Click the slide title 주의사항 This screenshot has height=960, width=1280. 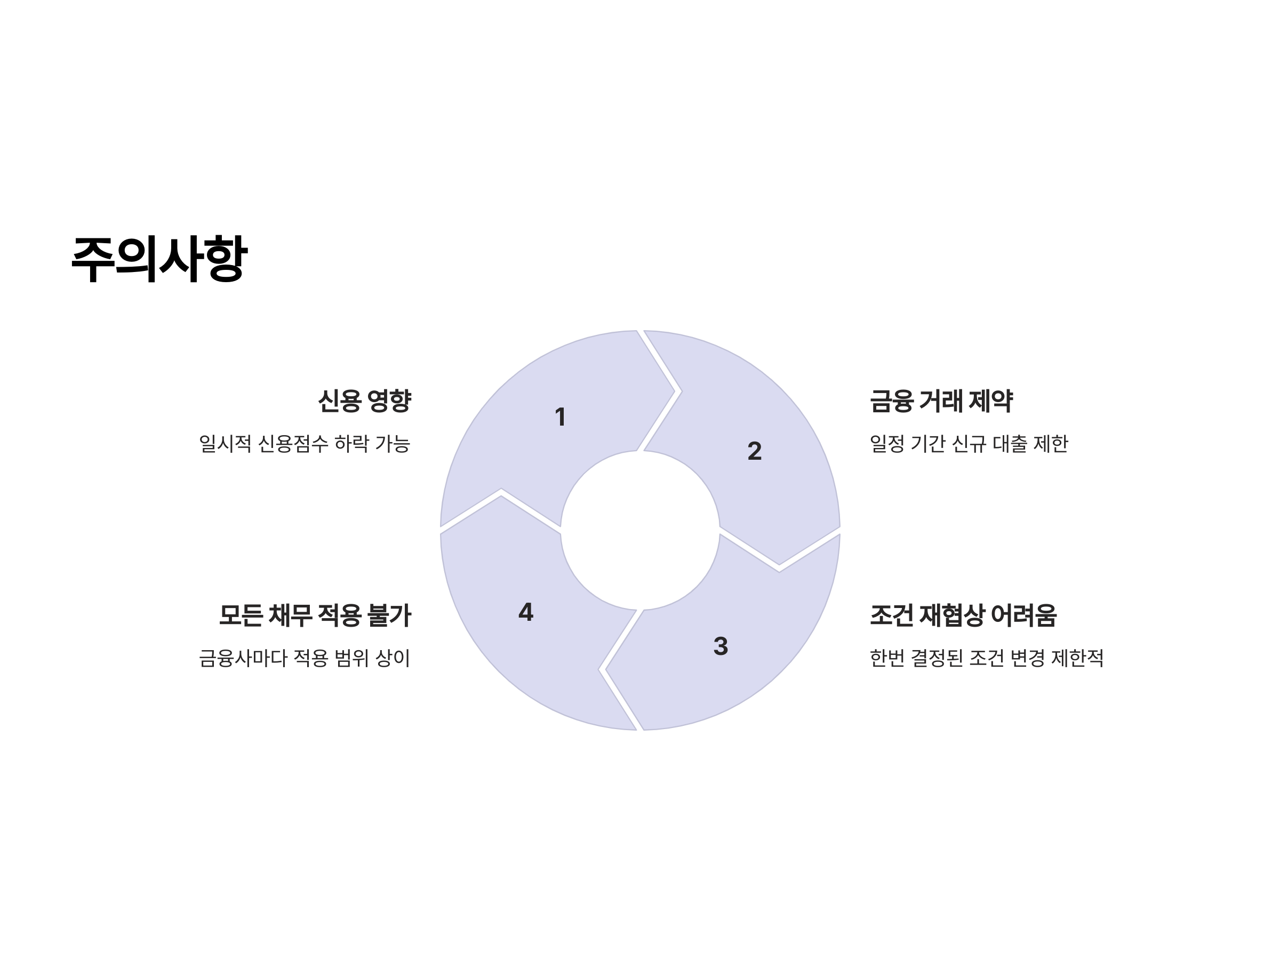[159, 259]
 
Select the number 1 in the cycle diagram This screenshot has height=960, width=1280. [559, 417]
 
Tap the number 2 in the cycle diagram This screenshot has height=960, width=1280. [754, 451]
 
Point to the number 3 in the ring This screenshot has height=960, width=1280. [721, 646]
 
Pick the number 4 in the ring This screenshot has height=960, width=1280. [525, 612]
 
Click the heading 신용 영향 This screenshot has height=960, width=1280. [365, 401]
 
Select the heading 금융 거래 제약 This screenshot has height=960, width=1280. [941, 401]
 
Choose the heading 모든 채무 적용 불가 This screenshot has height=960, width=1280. [315, 615]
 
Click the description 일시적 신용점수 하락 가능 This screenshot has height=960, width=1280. [305, 444]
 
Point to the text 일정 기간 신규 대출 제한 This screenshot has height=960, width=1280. [969, 444]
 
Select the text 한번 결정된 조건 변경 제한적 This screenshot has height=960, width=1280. [986, 658]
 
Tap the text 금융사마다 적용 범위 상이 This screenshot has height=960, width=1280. [305, 658]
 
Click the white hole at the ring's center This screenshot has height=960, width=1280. [640, 530]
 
